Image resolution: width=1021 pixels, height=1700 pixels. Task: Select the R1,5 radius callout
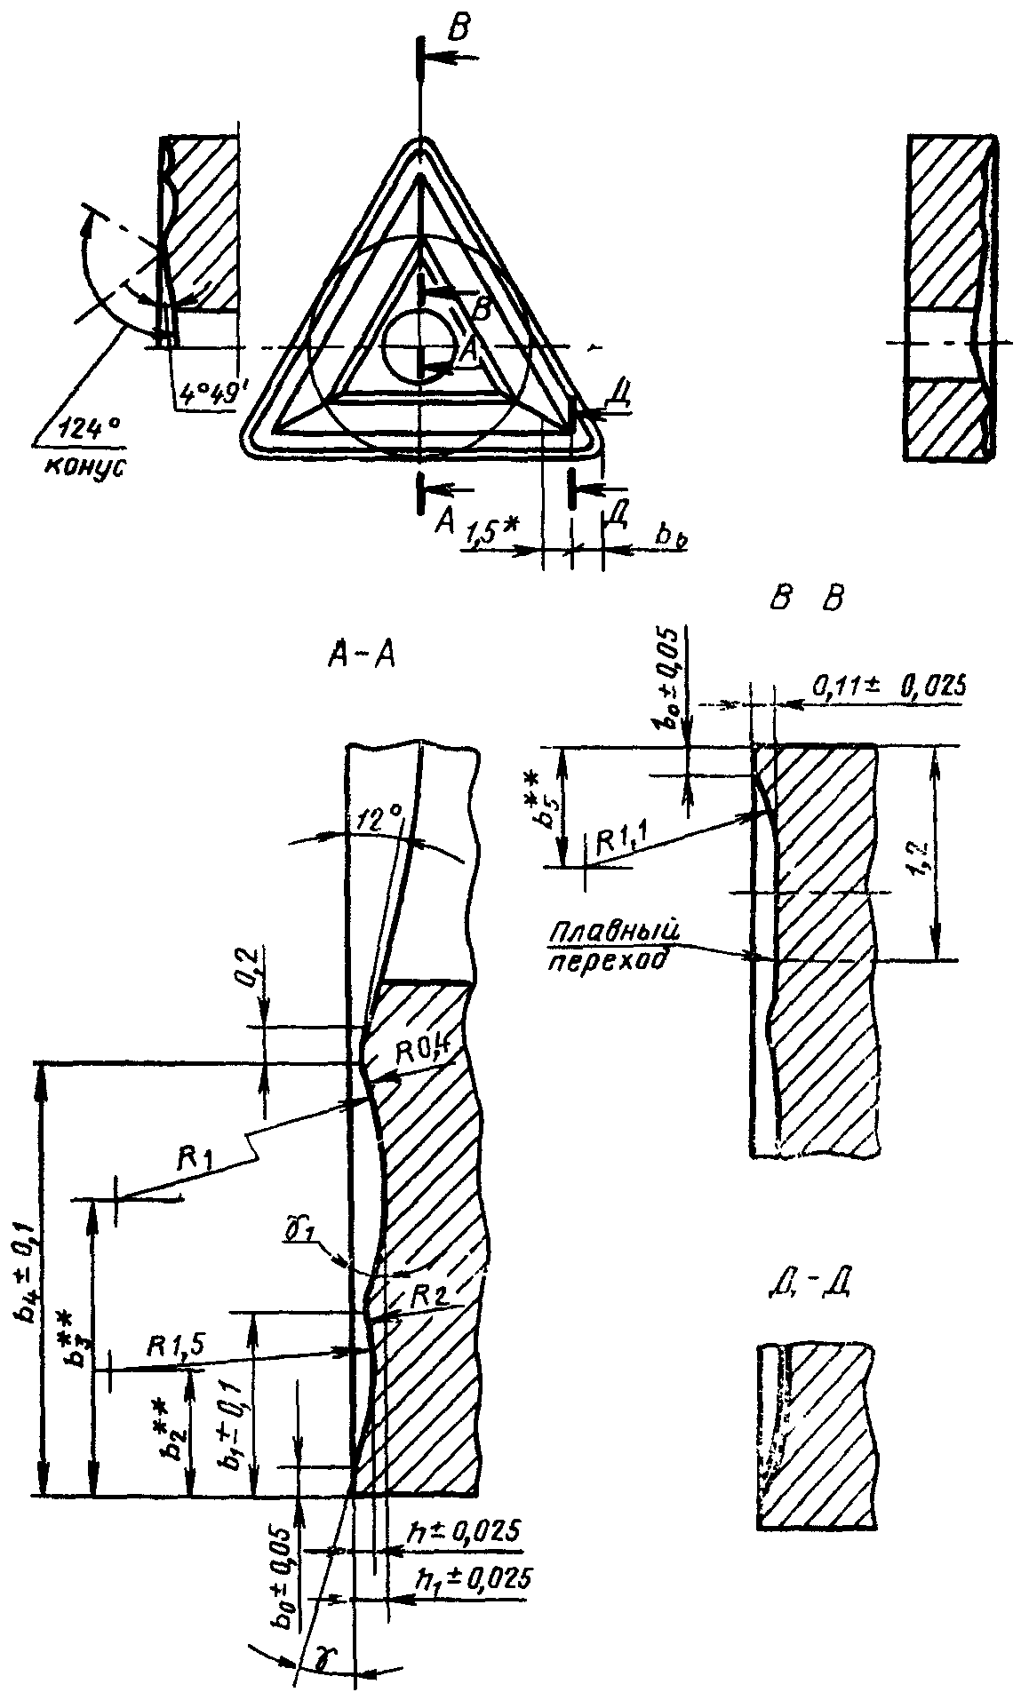[179, 1346]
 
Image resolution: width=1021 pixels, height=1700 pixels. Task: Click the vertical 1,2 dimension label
[952, 853]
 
